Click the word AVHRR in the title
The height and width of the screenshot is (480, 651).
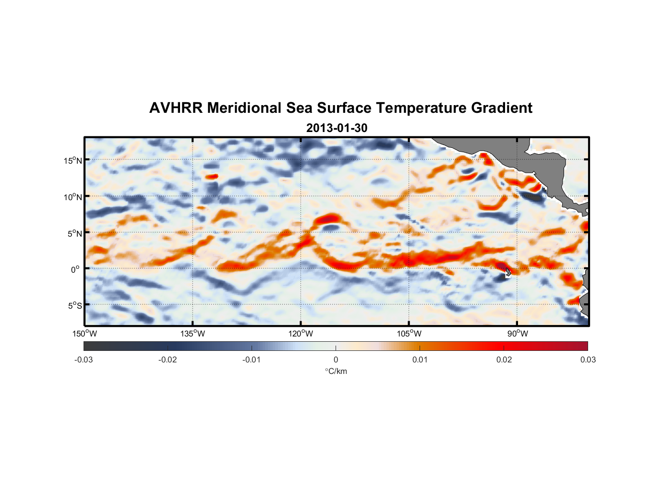pyautogui.click(x=176, y=108)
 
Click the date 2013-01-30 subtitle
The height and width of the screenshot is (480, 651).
pyautogui.click(x=337, y=128)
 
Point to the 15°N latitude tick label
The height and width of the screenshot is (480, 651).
pyautogui.click(x=73, y=160)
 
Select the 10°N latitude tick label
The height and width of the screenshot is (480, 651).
pyautogui.click(x=73, y=197)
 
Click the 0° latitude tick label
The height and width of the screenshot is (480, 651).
pyautogui.click(x=75, y=269)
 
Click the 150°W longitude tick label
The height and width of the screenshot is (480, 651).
pyautogui.click(x=85, y=334)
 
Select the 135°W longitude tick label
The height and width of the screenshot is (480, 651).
pyautogui.click(x=193, y=334)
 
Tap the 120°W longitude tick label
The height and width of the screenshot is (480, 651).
pyautogui.click(x=301, y=334)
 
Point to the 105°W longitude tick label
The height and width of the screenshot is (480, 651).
pyautogui.click(x=409, y=334)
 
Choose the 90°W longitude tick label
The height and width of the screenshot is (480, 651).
pyautogui.click(x=518, y=334)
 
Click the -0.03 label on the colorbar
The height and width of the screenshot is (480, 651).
pyautogui.click(x=84, y=360)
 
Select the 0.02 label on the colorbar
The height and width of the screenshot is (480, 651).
pyautogui.click(x=504, y=360)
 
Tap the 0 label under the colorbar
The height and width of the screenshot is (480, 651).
pyautogui.click(x=336, y=360)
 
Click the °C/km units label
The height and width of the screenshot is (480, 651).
pyautogui.click(x=336, y=372)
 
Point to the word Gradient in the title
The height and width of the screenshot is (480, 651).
pyautogui.click(x=502, y=108)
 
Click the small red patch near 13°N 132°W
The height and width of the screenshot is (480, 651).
pyautogui.click(x=211, y=177)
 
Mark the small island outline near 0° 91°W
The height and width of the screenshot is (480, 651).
pyautogui.click(x=508, y=272)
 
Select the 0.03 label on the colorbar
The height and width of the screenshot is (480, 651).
pyautogui.click(x=588, y=360)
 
